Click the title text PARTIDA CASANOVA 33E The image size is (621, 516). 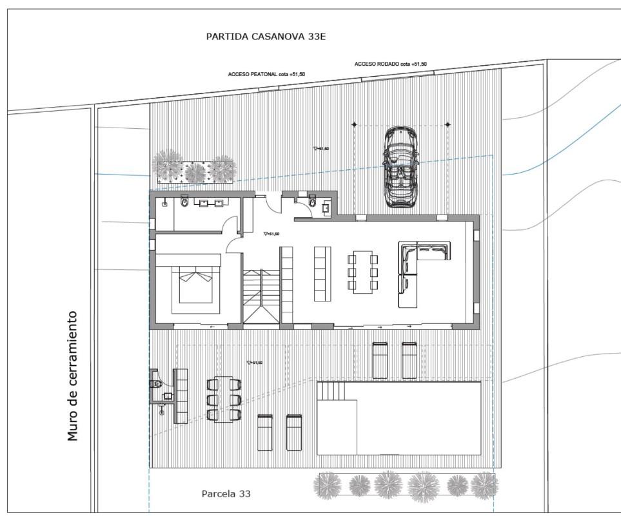(x=266, y=37)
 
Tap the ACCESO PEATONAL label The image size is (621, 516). (x=266, y=74)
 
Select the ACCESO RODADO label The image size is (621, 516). (x=390, y=64)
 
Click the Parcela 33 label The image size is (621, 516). (x=226, y=494)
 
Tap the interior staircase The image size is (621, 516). (x=261, y=296)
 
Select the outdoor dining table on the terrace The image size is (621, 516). (x=224, y=399)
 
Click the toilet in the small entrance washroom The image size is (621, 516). (x=312, y=203)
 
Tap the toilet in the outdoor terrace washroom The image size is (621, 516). (x=156, y=384)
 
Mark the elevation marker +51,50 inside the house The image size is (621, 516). (x=271, y=234)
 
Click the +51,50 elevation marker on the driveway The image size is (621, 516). (x=321, y=148)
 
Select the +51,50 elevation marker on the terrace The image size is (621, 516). (x=255, y=363)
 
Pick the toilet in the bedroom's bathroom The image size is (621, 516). (x=185, y=203)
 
